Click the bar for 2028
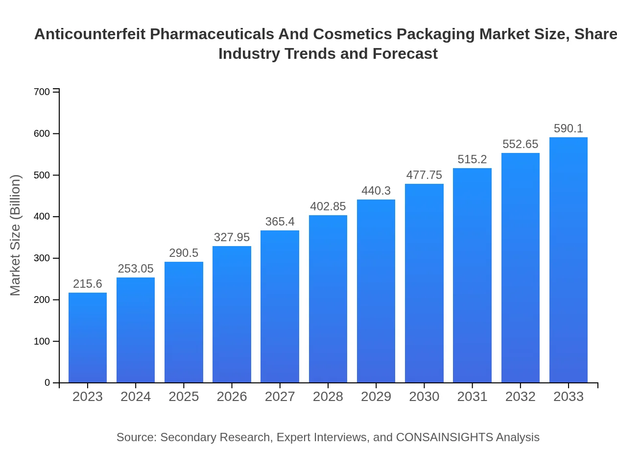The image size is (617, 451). (328, 299)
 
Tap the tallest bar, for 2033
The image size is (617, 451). (568, 260)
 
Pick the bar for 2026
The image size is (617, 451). (232, 314)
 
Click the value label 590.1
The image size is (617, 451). (568, 128)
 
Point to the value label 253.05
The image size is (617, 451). (136, 269)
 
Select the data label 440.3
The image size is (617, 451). (376, 191)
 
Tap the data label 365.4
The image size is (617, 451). (280, 222)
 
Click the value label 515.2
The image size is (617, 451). (472, 159)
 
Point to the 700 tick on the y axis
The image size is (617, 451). (42, 92)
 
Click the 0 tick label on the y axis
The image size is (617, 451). (47, 383)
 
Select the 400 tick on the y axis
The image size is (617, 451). (42, 217)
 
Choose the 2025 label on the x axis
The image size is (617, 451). (184, 397)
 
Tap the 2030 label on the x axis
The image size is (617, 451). (424, 397)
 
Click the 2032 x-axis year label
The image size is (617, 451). (520, 397)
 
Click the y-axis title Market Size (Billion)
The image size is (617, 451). (16, 235)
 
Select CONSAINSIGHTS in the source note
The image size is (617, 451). (444, 437)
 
